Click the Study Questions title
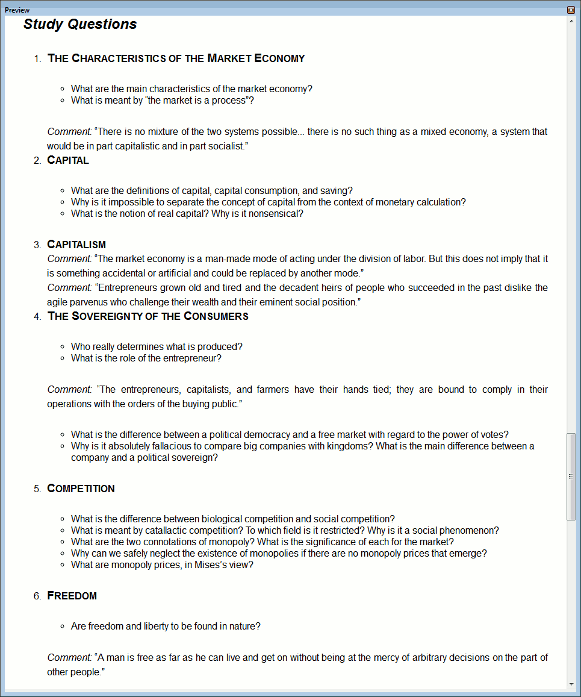(x=80, y=24)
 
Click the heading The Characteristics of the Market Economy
(x=176, y=58)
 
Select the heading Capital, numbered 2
(x=68, y=160)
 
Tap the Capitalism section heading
(x=76, y=245)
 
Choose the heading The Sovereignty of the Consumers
(x=148, y=316)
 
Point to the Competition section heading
(x=81, y=489)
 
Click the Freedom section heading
(x=72, y=596)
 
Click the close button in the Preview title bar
(x=571, y=10)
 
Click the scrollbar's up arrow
(x=571, y=22)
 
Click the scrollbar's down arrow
(x=571, y=684)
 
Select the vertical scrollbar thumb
(x=571, y=476)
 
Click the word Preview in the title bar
(x=17, y=10)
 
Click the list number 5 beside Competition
(x=37, y=489)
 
